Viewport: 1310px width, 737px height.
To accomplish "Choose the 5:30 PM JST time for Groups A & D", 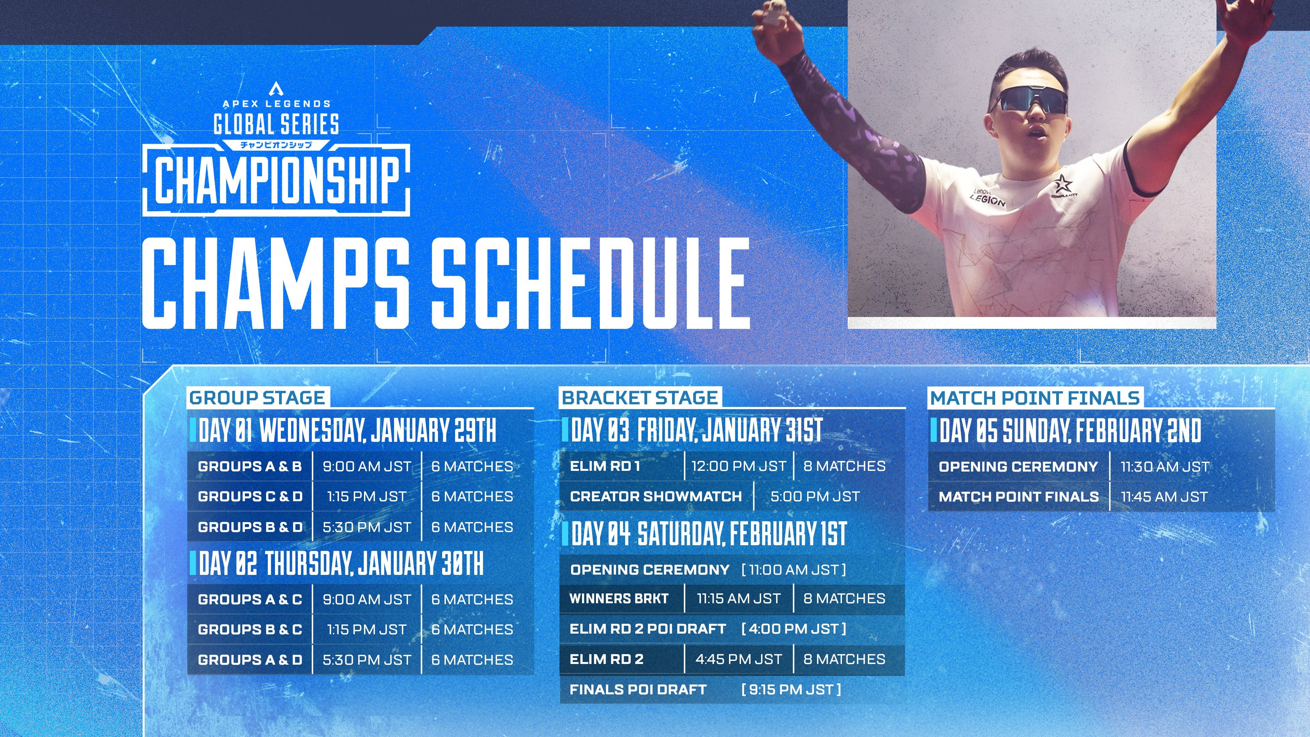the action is click(367, 660).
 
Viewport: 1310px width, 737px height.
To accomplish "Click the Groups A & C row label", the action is click(250, 599).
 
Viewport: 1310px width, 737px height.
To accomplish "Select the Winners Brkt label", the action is click(619, 599).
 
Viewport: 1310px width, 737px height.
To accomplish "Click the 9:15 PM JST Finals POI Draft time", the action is click(791, 690).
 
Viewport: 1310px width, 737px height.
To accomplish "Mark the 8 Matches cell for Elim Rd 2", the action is click(844, 659).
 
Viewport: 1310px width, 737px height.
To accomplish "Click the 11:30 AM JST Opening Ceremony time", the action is click(1165, 466).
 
